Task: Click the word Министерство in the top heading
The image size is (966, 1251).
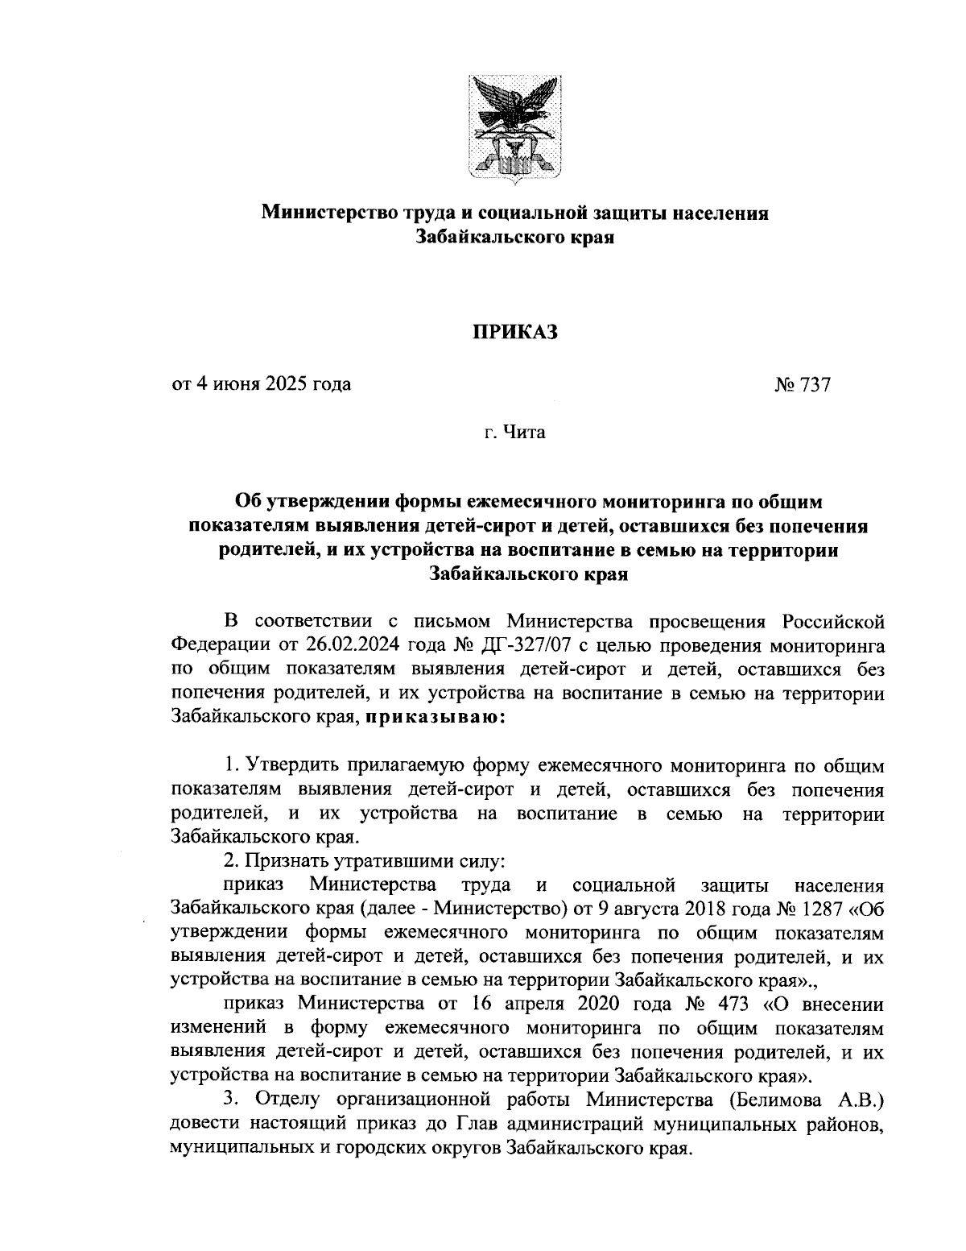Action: pos(328,213)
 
